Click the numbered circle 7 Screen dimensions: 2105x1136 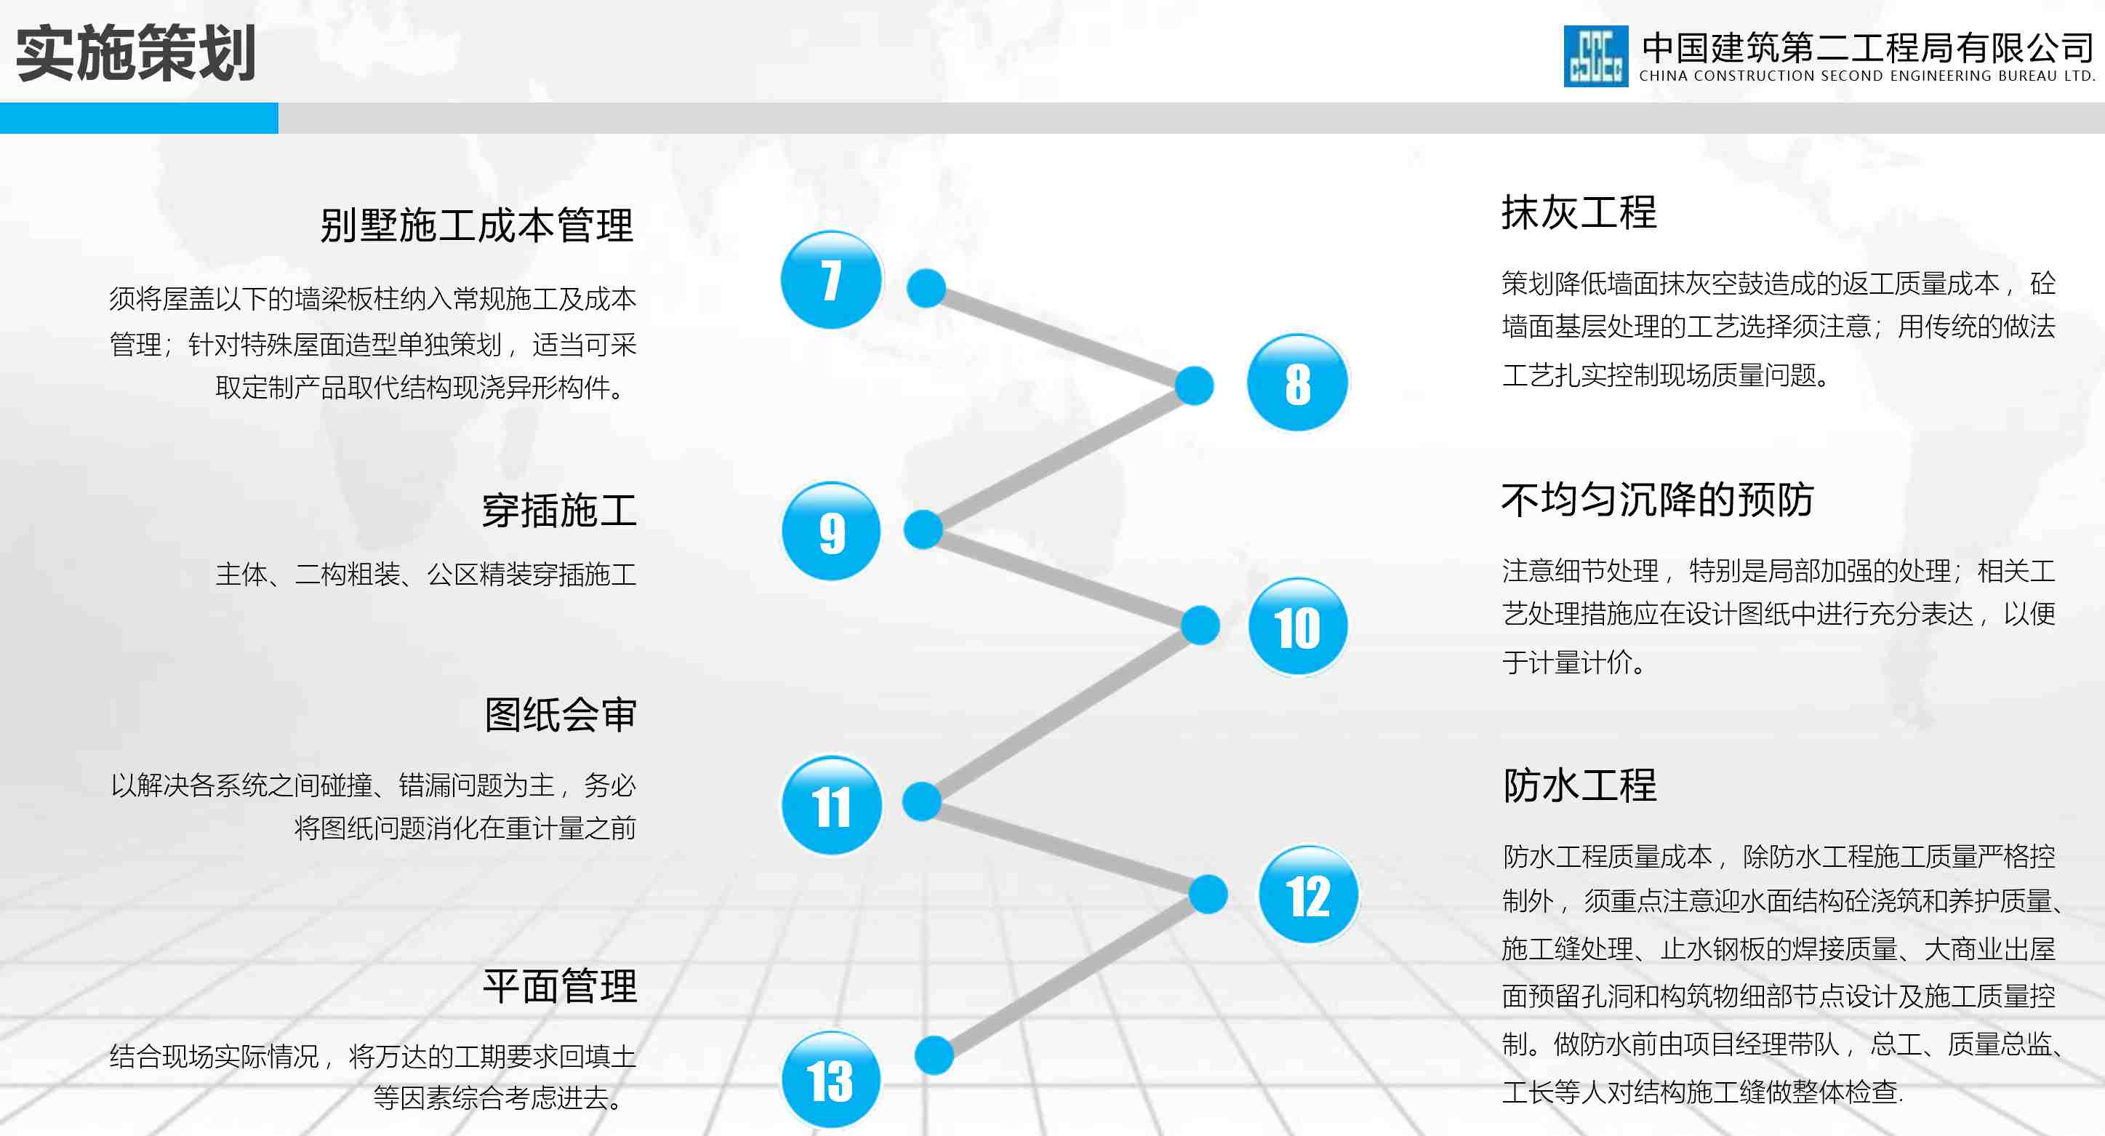coord(831,279)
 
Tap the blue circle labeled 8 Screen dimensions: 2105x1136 coord(1298,383)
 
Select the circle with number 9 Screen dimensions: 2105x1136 coord(831,531)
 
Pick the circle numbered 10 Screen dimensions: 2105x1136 coord(1298,627)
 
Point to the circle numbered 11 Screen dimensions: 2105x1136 coord(831,806)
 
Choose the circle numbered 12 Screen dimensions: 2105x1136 coord(1308,895)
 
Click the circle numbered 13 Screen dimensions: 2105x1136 coord(831,1079)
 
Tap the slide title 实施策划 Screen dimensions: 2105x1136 coord(136,53)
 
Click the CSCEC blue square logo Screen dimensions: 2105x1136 coord(1595,55)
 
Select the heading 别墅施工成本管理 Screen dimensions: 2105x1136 coord(476,225)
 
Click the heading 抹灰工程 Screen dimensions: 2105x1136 coord(1579,212)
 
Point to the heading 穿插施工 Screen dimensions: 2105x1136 coord(559,511)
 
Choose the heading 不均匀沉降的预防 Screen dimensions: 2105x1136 coord(1657,500)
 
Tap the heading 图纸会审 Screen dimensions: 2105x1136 coord(560,714)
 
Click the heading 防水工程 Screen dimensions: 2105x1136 coord(1579,785)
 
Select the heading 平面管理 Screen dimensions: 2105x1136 coord(560,985)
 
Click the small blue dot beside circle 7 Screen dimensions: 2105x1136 coord(926,288)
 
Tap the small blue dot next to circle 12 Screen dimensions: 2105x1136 coord(1208,893)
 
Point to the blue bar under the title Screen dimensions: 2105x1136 coord(139,118)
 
